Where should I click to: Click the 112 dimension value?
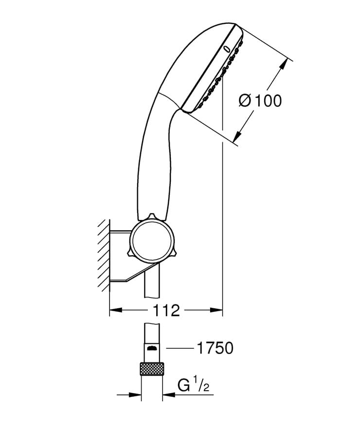pyautogui.click(x=166, y=310)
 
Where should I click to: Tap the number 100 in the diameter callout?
pyautogui.click(x=267, y=101)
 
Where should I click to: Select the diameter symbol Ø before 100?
pyautogui.click(x=245, y=101)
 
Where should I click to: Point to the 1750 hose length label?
pyautogui.click(x=215, y=348)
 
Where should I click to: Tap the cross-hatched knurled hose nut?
pyautogui.click(x=152, y=369)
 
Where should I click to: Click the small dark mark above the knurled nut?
pyautogui.click(x=152, y=348)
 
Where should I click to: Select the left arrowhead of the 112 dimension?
pyautogui.click(x=114, y=309)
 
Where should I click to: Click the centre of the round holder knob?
pyautogui.click(x=152, y=240)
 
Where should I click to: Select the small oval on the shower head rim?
pyautogui.click(x=226, y=48)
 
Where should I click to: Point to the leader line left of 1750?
pyautogui.click(x=180, y=348)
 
